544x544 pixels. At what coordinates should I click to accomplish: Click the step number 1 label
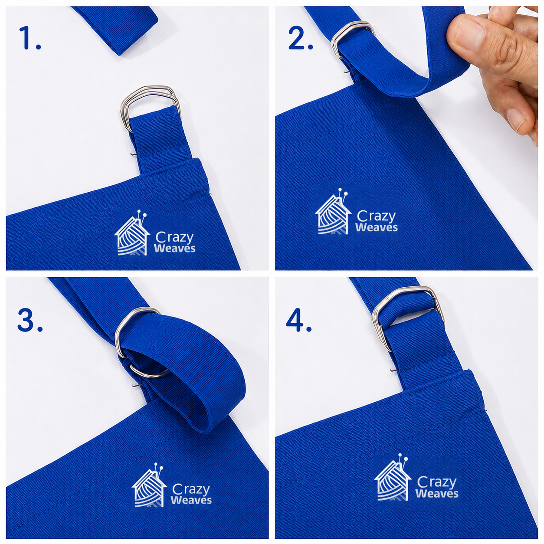(x=30, y=38)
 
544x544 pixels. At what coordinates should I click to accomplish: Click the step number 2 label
(x=300, y=38)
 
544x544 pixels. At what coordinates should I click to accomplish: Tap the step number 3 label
(x=30, y=320)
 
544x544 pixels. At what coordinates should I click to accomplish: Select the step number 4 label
(x=298, y=320)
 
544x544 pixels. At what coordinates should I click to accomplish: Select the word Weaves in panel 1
(x=174, y=249)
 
